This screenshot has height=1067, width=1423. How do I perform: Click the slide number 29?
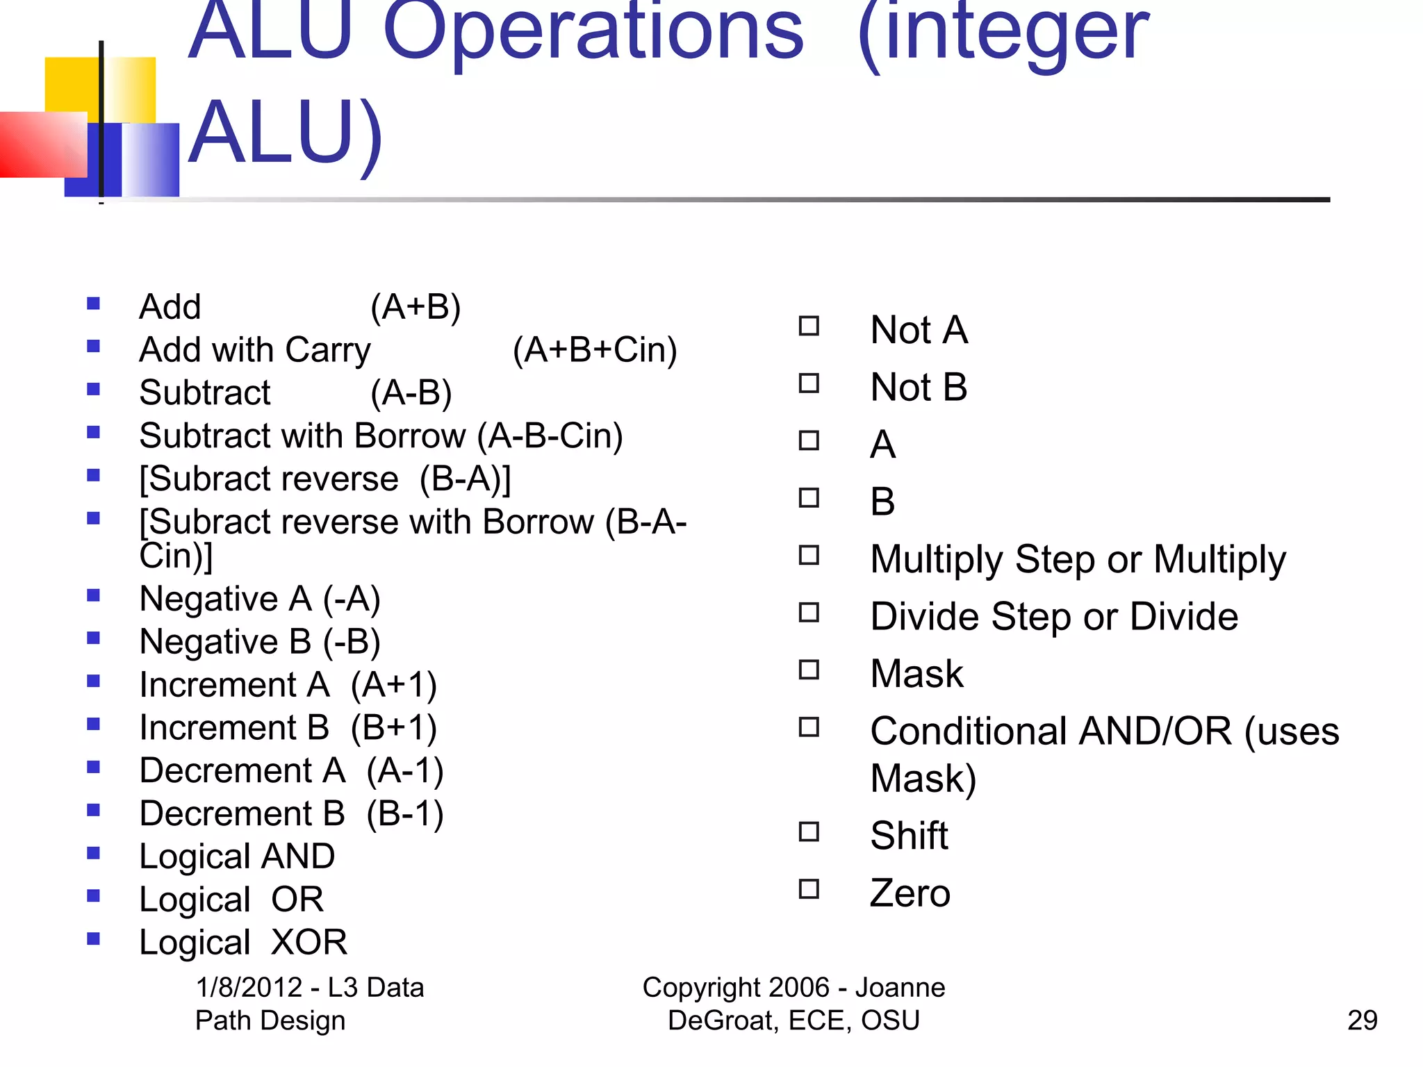pyautogui.click(x=1362, y=1020)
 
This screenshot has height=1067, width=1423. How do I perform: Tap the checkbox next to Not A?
pyautogui.click(x=809, y=326)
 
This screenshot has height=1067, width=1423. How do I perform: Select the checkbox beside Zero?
pyautogui.click(x=809, y=889)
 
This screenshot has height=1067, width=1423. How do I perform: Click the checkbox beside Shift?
pyautogui.click(x=809, y=832)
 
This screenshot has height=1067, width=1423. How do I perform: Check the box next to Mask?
pyautogui.click(x=809, y=670)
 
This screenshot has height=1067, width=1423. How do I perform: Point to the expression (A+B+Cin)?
pyautogui.click(x=595, y=350)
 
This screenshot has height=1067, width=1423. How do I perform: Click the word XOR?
pyautogui.click(x=309, y=943)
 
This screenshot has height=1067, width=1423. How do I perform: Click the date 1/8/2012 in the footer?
pyautogui.click(x=249, y=987)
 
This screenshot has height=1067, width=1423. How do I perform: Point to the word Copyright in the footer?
pyautogui.click(x=735, y=987)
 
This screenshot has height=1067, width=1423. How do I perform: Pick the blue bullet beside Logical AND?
pyautogui.click(x=93, y=853)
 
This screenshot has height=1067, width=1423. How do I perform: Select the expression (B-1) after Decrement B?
pyautogui.click(x=405, y=814)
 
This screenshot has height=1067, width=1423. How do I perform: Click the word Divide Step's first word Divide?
pyautogui.click(x=925, y=617)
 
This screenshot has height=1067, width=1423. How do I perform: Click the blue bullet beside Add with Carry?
pyautogui.click(x=93, y=346)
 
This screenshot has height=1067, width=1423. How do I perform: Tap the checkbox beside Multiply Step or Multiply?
pyautogui.click(x=809, y=555)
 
